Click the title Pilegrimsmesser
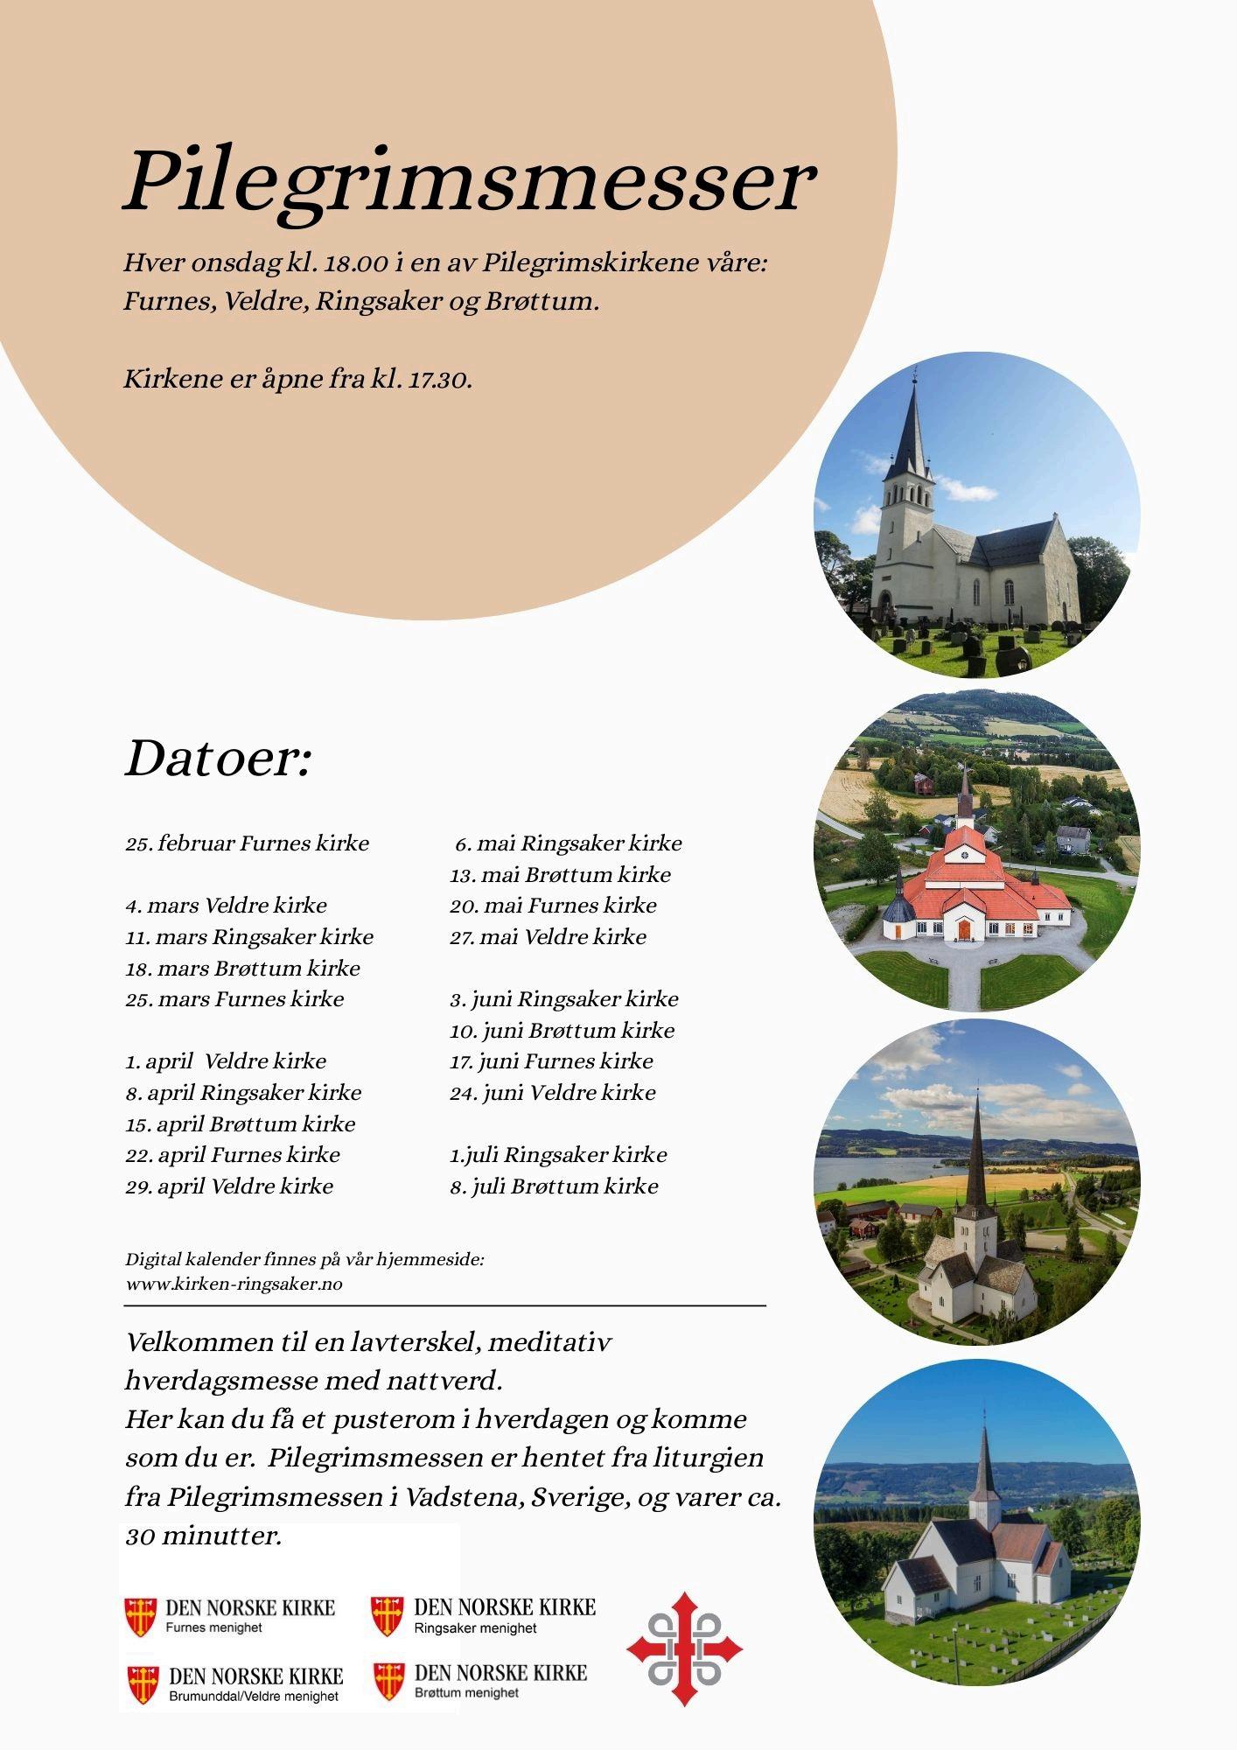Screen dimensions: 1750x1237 pyautogui.click(x=470, y=182)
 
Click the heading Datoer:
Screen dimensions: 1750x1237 pyautogui.click(x=217, y=758)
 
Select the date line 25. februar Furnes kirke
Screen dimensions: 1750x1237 pyautogui.click(x=247, y=843)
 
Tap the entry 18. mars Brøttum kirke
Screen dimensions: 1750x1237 pyautogui.click(x=242, y=968)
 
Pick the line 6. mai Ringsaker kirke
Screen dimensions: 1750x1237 pyautogui.click(x=568, y=843)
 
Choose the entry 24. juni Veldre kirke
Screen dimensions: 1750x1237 pyautogui.click(x=553, y=1092)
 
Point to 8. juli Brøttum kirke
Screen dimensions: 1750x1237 pyautogui.click(x=554, y=1186)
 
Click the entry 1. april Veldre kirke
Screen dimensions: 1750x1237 pyautogui.click(x=226, y=1061)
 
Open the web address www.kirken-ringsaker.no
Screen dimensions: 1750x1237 pyautogui.click(x=234, y=1284)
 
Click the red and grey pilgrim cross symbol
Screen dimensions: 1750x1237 pyautogui.click(x=684, y=1648)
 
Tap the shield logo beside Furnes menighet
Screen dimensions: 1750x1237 pyautogui.click(x=140, y=1616)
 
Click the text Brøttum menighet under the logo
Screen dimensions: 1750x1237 pyautogui.click(x=466, y=1692)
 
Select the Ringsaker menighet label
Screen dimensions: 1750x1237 pyautogui.click(x=475, y=1627)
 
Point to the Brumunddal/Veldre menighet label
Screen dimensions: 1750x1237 pyautogui.click(x=253, y=1696)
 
